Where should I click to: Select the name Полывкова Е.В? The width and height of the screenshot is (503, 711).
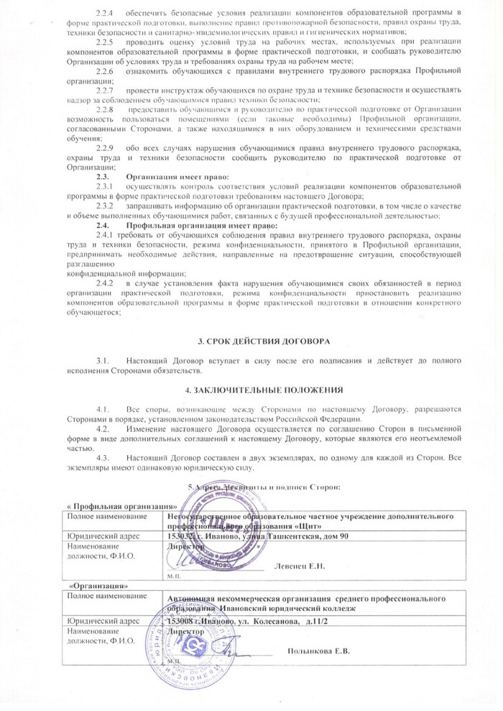[317, 651]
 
